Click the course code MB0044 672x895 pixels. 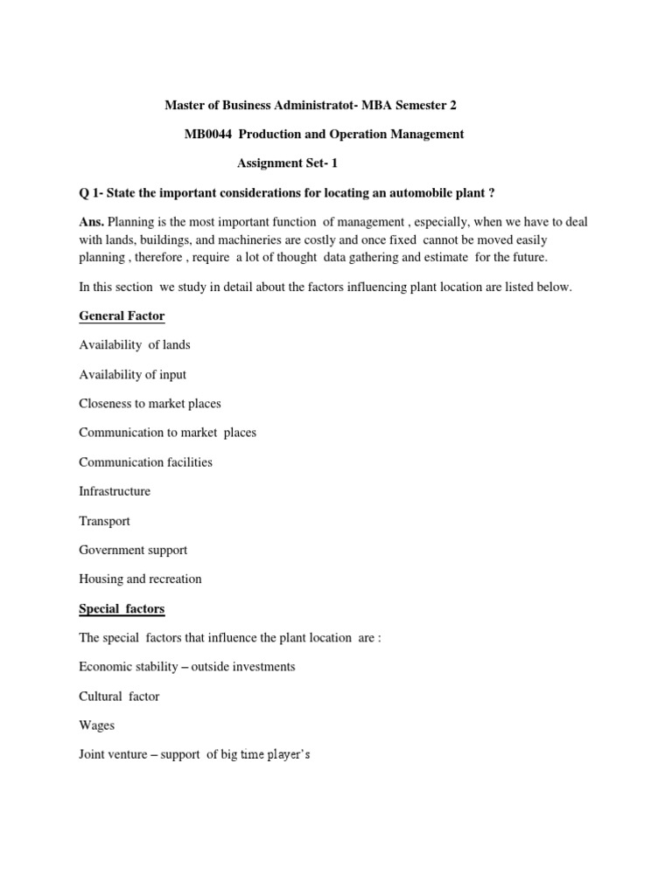pos(206,134)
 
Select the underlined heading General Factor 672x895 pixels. pos(122,316)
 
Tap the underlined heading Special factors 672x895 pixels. pos(122,608)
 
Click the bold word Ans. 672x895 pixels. pos(91,222)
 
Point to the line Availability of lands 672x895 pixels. pos(134,344)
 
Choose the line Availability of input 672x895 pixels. pos(132,374)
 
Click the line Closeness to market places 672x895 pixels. pos(150,403)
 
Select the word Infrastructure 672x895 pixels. pos(115,491)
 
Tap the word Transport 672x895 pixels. pos(104,521)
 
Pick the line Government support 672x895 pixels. pos(133,550)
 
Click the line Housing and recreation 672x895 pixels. pos(140,579)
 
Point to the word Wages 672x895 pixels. pos(96,725)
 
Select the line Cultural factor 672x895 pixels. pos(119,697)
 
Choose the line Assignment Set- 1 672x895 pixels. pos(288,163)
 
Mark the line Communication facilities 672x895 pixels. pos(145,461)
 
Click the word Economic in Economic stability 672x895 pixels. pos(105,667)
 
